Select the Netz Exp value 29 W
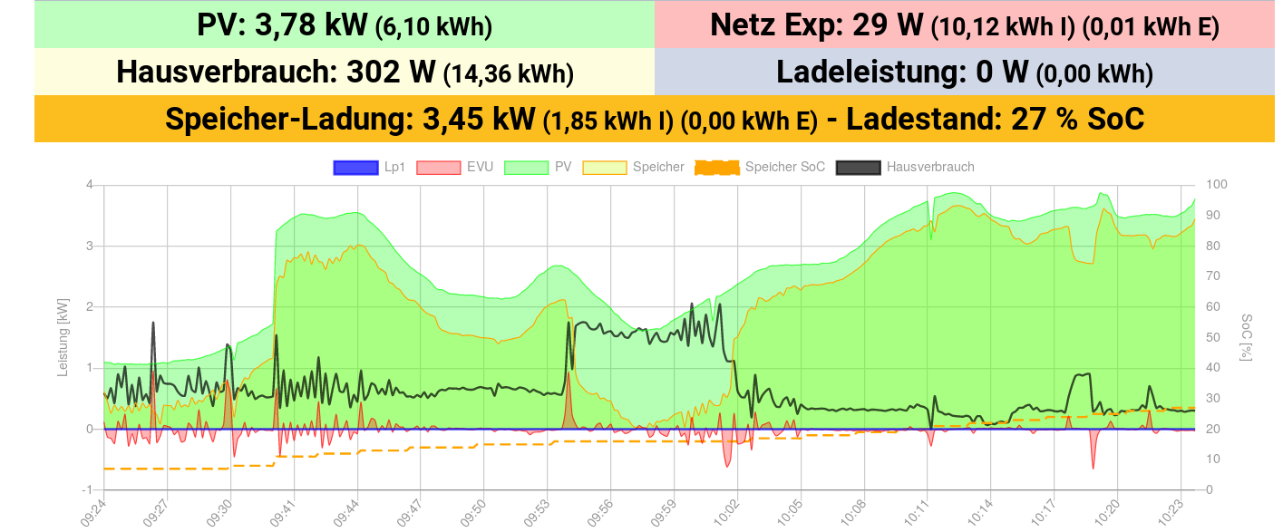tap(888, 25)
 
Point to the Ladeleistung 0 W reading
tap(1002, 72)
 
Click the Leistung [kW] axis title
tap(62, 338)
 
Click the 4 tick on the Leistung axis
tap(90, 185)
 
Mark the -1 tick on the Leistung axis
tap(88, 489)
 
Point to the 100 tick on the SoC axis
tap(1218, 185)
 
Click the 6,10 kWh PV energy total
tap(433, 27)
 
